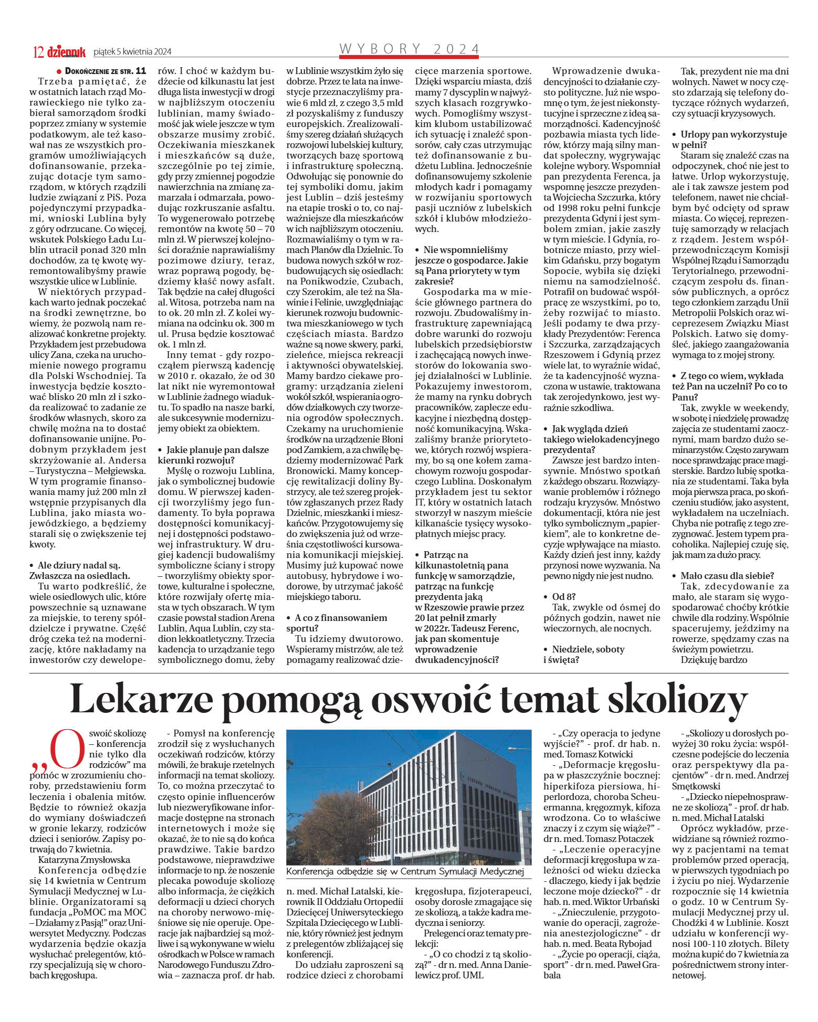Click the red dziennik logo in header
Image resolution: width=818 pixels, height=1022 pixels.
click(x=66, y=51)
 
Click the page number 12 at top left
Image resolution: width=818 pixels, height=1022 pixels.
click(x=38, y=51)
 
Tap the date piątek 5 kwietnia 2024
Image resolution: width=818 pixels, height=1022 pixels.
click(x=132, y=51)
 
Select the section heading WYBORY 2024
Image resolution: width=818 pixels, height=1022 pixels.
click(x=410, y=49)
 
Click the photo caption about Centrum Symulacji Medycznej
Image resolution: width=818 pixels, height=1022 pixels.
click(x=405, y=872)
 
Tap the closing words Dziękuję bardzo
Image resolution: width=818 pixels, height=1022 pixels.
click(x=714, y=659)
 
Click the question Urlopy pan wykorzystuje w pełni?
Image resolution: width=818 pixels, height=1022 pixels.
click(x=733, y=139)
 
